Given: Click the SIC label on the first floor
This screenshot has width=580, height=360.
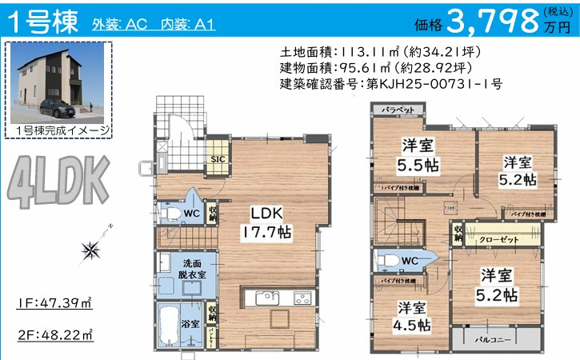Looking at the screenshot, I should pos(217,158).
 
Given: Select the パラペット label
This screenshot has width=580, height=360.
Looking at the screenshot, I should pos(398,110).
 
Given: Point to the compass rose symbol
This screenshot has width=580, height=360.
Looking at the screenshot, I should pos(90,250).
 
